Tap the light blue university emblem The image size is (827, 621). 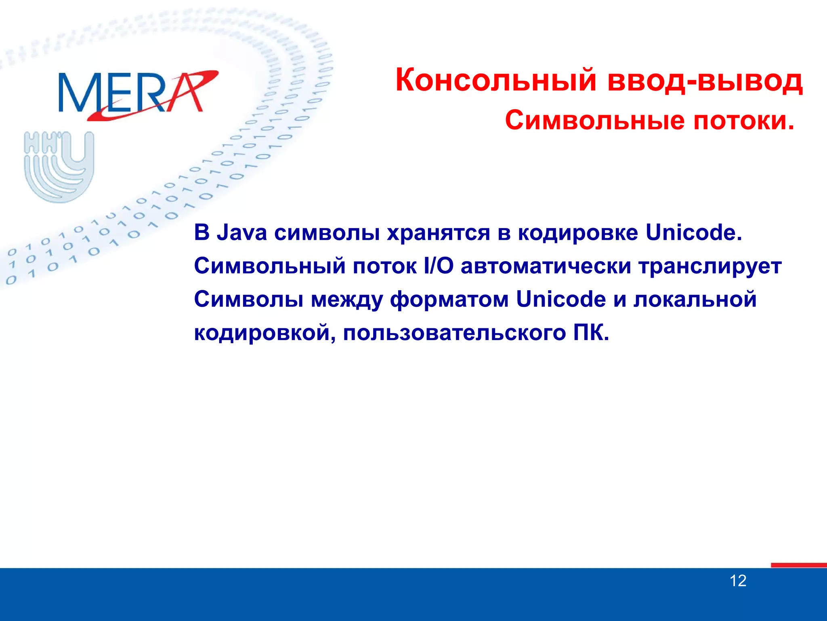(x=59, y=166)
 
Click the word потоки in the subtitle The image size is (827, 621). (x=739, y=120)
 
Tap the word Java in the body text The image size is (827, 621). (x=241, y=233)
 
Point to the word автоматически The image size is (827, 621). (x=546, y=266)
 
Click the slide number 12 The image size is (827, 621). (x=738, y=581)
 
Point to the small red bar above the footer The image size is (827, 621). (x=798, y=565)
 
